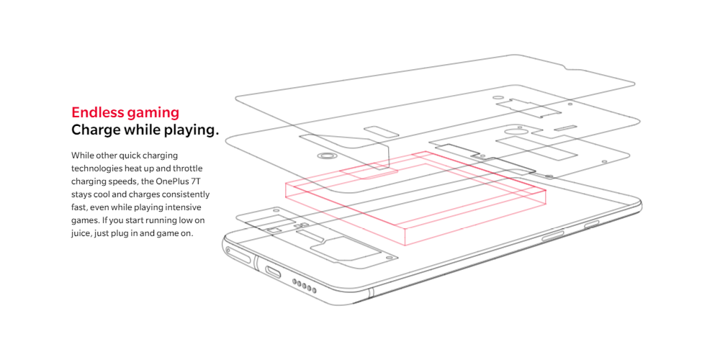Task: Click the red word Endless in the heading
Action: tap(94, 112)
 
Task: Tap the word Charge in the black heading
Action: tap(95, 130)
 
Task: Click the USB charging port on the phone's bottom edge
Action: tap(274, 271)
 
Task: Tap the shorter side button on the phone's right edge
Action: tap(592, 225)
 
